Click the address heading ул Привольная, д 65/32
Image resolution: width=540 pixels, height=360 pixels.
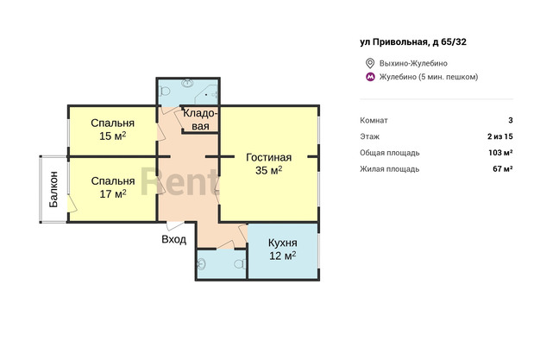point(413,42)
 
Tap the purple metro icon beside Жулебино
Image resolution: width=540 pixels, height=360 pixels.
point(370,77)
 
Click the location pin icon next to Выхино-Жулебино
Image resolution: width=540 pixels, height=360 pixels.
point(370,63)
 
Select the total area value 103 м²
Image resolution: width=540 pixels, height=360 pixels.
point(500,153)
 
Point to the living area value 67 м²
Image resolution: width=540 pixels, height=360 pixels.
point(503,169)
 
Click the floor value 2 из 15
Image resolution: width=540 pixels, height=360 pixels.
point(500,136)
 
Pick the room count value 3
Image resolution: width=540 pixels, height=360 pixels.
point(511,120)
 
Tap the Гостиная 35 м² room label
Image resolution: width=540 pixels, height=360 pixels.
point(268,164)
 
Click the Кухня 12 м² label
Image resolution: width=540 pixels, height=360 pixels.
point(282,249)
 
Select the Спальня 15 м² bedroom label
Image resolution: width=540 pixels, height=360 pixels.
point(113,129)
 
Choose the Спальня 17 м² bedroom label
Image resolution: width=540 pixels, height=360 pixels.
point(113,187)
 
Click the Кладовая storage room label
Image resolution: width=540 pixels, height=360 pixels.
point(200,119)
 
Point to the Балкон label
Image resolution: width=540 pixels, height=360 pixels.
point(53,189)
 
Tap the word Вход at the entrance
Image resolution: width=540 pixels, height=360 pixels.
point(174,239)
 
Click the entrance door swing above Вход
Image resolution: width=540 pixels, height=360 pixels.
point(176,226)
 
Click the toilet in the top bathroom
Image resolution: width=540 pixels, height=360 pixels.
point(165,92)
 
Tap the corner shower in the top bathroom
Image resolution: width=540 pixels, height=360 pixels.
point(207,93)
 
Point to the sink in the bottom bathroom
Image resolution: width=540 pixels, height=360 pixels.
point(202,265)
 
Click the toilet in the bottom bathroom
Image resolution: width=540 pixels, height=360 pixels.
point(240,264)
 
